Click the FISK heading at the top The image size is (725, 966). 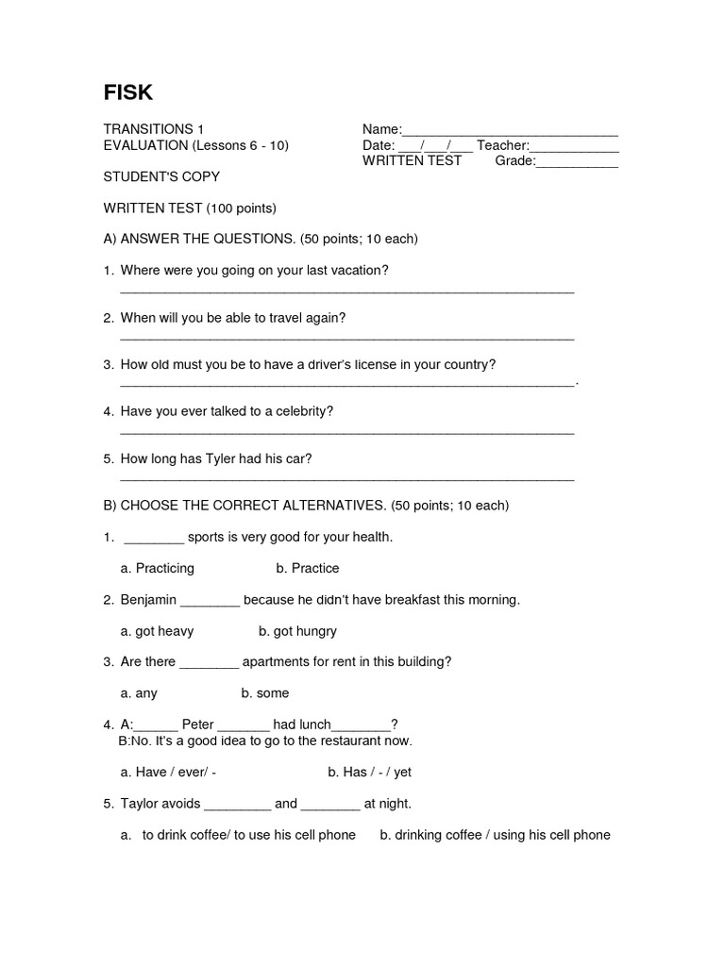point(127,92)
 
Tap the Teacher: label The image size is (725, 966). point(502,145)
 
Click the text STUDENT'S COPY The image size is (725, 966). point(161,176)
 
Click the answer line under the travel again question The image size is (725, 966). point(346,338)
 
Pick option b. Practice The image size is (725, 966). point(307,568)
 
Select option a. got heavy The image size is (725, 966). point(157,631)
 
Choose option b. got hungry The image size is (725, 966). point(297,631)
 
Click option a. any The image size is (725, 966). point(139,693)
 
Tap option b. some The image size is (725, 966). point(265,693)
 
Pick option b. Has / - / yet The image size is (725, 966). point(369,773)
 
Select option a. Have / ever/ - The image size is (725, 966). point(168,773)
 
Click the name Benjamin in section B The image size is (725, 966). point(147,600)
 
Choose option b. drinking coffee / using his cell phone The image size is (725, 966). point(495,835)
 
